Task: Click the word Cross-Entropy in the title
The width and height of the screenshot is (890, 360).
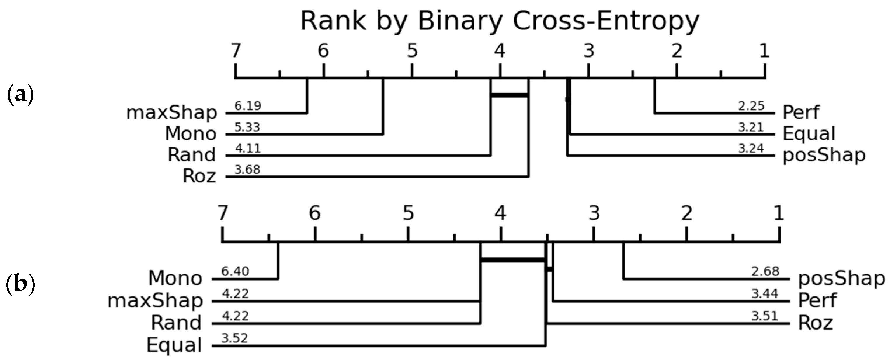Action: click(606, 21)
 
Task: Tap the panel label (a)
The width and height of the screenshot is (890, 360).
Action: click(20, 94)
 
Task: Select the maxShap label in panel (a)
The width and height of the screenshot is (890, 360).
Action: click(172, 113)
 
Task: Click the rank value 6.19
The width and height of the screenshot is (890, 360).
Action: click(248, 106)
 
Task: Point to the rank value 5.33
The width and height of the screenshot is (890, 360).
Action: click(247, 127)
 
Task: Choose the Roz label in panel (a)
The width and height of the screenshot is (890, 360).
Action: click(199, 176)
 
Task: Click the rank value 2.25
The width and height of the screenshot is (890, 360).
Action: click(751, 106)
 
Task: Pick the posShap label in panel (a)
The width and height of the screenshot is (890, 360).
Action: click(824, 155)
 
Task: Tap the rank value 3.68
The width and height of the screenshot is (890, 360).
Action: click(247, 170)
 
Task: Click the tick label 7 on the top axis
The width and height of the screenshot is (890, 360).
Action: click(236, 51)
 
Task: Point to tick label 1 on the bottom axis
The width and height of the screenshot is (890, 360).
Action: click(779, 213)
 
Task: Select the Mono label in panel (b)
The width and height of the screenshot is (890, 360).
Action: click(175, 278)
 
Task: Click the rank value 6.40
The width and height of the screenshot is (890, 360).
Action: click(235, 271)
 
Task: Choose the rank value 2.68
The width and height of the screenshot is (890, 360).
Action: click(765, 271)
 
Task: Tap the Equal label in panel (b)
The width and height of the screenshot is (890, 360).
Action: click(174, 345)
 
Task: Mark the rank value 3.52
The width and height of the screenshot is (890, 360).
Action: click(234, 338)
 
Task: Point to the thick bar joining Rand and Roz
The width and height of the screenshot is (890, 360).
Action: click(510, 95)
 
